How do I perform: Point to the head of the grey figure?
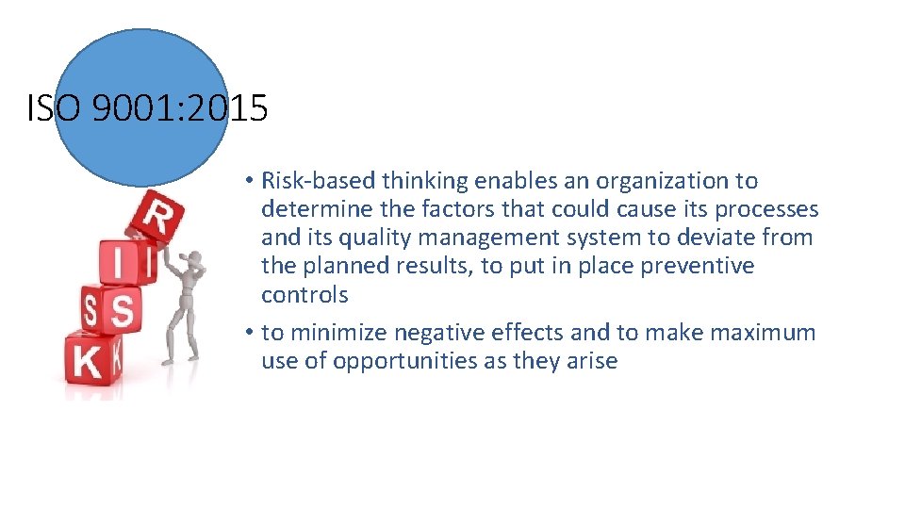coord(195,258)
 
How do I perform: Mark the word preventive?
coord(698,266)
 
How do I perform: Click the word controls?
coord(304,295)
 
